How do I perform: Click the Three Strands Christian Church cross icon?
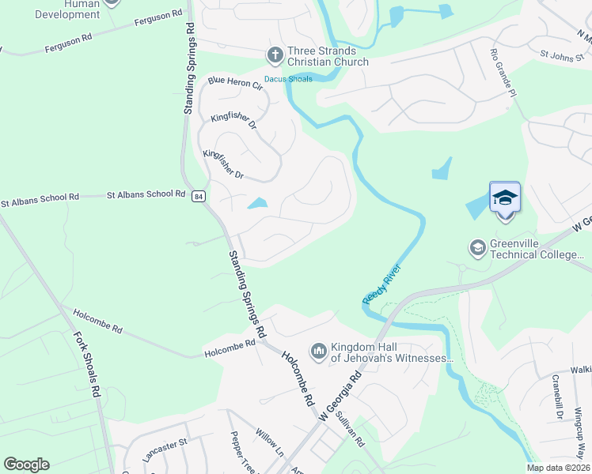274,55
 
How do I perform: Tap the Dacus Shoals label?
288,79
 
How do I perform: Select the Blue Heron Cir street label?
234,82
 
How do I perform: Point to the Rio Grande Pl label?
503,71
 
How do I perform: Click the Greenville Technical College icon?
477,249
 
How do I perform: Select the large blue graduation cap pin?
504,197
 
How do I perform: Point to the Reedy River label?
382,284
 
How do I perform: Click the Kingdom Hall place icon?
319,350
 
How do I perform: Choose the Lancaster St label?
164,451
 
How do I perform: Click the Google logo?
26,465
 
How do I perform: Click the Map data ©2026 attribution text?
558,468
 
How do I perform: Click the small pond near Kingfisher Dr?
257,204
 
